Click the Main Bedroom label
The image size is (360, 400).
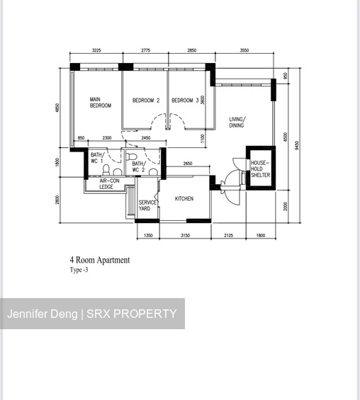pyautogui.click(x=100, y=103)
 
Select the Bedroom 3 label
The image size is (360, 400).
pyautogui.click(x=185, y=101)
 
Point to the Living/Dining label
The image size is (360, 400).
pyautogui.click(x=237, y=122)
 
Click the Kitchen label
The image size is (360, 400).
pyautogui.click(x=184, y=199)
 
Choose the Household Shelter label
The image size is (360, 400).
pyautogui.click(x=259, y=169)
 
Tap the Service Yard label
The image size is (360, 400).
pyautogui.click(x=147, y=205)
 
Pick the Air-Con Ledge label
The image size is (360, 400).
pyautogui.click(x=106, y=184)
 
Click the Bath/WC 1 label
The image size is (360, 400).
pyautogui.click(x=97, y=158)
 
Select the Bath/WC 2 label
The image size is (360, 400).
pyautogui.click(x=138, y=167)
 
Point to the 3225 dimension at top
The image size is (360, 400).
pyautogui.click(x=97, y=50)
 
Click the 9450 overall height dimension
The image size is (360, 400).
pyautogui.click(x=298, y=145)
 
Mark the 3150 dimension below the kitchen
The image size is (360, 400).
pyautogui.click(x=185, y=235)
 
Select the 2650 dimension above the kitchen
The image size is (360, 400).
pyautogui.click(x=187, y=164)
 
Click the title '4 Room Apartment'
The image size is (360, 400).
pyautogui.click(x=99, y=260)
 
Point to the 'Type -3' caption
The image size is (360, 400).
pyautogui.click(x=79, y=270)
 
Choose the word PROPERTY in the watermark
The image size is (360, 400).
pyautogui.click(x=146, y=314)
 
